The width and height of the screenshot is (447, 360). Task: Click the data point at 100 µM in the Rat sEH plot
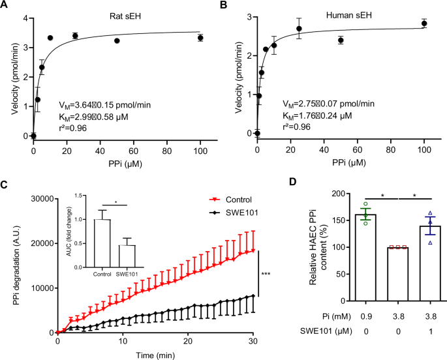coord(200,38)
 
